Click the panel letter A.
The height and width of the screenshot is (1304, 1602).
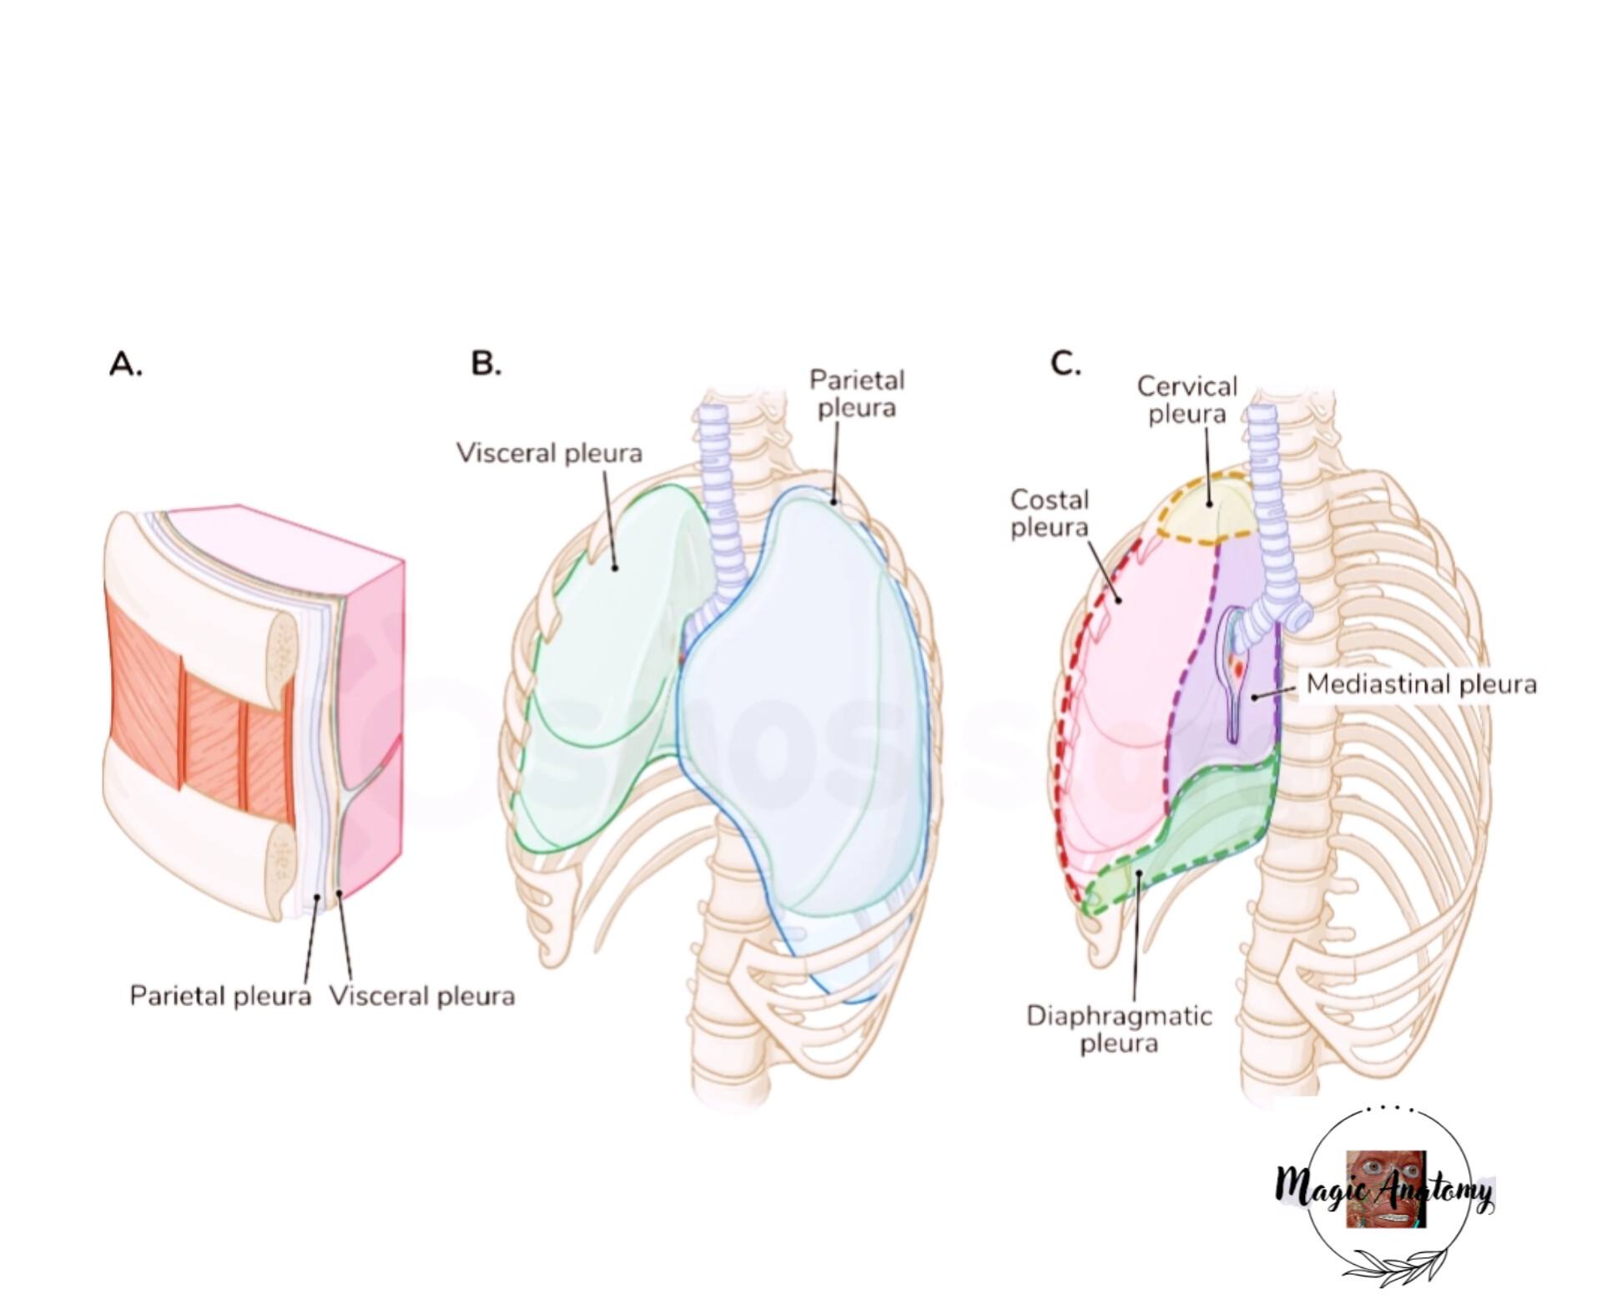pyautogui.click(x=126, y=365)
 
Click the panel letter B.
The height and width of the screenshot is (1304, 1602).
pyautogui.click(x=486, y=363)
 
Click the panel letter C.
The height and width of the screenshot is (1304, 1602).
pyautogui.click(x=1065, y=363)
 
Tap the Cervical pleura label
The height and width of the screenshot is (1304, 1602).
pyautogui.click(x=1187, y=400)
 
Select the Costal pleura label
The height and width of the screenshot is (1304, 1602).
pyautogui.click(x=1050, y=513)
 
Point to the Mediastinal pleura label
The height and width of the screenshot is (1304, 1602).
pyautogui.click(x=1421, y=684)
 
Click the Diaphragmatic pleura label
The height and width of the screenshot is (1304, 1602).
pyautogui.click(x=1119, y=1030)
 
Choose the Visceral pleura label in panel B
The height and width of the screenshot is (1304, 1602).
pyautogui.click(x=549, y=453)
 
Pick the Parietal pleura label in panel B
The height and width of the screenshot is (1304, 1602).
pyautogui.click(x=857, y=394)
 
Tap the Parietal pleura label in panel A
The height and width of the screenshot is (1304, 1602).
pyautogui.click(x=220, y=995)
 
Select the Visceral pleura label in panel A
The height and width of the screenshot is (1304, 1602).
pyautogui.click(x=422, y=995)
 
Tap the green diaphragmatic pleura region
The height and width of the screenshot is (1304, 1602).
pyautogui.click(x=1185, y=843)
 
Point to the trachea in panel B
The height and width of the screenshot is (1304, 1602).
pyautogui.click(x=719, y=501)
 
